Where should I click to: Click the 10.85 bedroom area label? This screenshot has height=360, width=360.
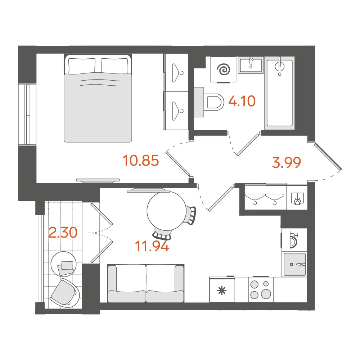pyautogui.click(x=141, y=160)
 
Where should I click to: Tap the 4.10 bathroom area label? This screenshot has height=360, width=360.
pyautogui.click(x=242, y=101)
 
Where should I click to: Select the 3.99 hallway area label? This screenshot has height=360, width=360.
pyautogui.click(x=286, y=162)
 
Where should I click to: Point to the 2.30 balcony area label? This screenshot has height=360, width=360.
pyautogui.click(x=63, y=232)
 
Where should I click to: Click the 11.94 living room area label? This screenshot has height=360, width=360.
pyautogui.click(x=152, y=246)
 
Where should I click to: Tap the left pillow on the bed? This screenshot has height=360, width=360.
pyautogui.click(x=82, y=66)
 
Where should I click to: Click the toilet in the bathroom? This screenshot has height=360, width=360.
pyautogui.click(x=210, y=102)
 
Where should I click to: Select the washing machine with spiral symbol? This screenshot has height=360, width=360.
pyautogui.click(x=224, y=69)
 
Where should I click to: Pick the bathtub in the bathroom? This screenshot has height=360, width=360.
pyautogui.click(x=280, y=93)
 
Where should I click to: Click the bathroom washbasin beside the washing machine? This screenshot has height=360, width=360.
pyautogui.click(x=251, y=65)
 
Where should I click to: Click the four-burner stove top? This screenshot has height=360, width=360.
pyautogui.click(x=261, y=290)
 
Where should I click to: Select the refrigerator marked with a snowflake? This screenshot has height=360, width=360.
pyautogui.click(x=222, y=289)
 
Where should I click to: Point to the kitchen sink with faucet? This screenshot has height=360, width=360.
pyautogui.click(x=295, y=264)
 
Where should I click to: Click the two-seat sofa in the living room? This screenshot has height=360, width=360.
pyautogui.click(x=146, y=283)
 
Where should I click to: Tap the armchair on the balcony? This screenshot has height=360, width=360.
pyautogui.click(x=65, y=293)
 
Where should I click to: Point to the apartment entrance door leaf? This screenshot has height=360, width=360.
pyautogui.click(x=328, y=157)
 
